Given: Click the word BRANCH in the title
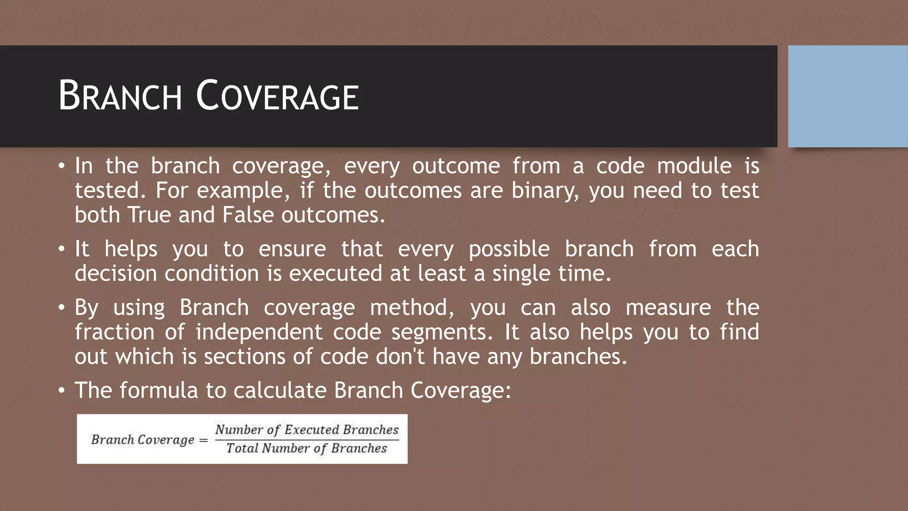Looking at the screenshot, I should coord(120,96).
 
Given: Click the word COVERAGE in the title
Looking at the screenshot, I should coord(277,96).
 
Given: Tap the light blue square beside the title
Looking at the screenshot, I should coord(847,96).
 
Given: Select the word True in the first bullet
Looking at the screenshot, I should coord(149,215).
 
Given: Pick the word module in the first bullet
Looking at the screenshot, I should coord(694,166).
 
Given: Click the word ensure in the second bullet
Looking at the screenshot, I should coord(292,249).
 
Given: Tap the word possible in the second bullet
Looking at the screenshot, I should coord(509,249).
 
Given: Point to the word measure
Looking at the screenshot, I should coord(668,308).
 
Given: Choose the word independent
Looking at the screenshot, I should coord(259,332).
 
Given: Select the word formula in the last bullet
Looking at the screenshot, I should coord(158,391).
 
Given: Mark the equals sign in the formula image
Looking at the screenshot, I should coord(204,440).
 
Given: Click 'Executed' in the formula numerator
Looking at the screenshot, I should coord(312,429).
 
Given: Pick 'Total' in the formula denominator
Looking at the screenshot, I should coord(243,448).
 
